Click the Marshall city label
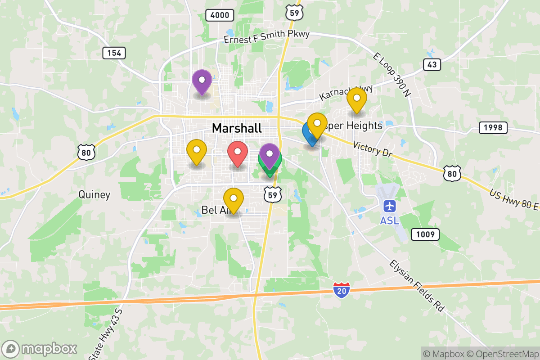pyautogui.click(x=236, y=128)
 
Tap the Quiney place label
pyautogui.click(x=94, y=195)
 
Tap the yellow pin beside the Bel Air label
pyautogui.click(x=234, y=201)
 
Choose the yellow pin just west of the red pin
pyautogui.click(x=196, y=152)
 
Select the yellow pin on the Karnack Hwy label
pyautogui.click(x=356, y=100)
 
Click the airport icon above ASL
pyautogui.click(x=389, y=207)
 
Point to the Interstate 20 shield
pyautogui.click(x=342, y=290)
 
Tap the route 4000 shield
pyautogui.click(x=220, y=15)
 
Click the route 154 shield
pyautogui.click(x=114, y=53)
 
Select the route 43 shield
pyautogui.click(x=432, y=65)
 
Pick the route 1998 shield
pyautogui.click(x=493, y=128)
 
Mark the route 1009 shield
pyautogui.click(x=425, y=234)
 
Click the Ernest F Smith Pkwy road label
pyautogui.click(x=267, y=37)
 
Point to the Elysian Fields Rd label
pyautogui.click(x=417, y=286)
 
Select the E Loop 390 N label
pyautogui.click(x=392, y=75)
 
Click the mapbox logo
pyautogui.click(x=40, y=349)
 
